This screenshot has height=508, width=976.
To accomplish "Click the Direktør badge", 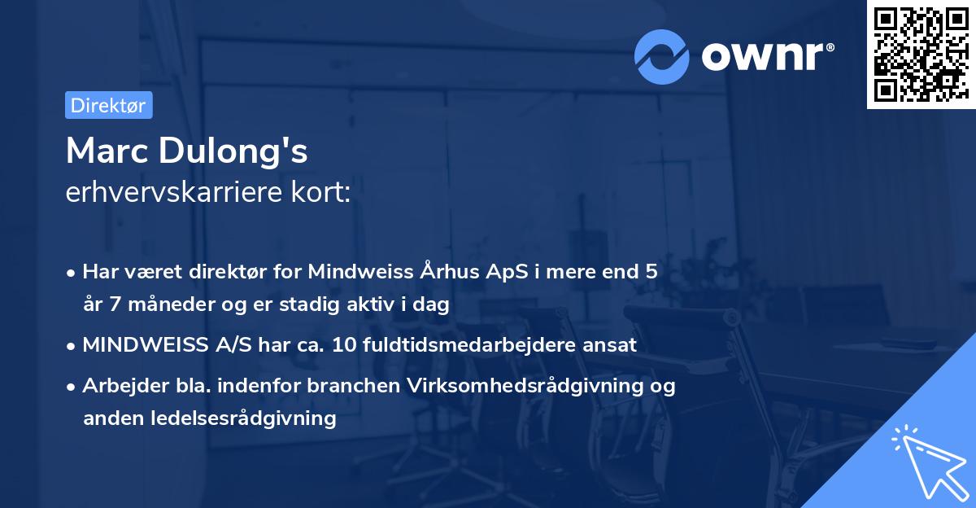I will pos(108,105).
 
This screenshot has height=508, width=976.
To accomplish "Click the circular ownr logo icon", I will pos(662,56).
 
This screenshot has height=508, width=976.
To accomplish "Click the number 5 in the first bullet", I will pos(651,272).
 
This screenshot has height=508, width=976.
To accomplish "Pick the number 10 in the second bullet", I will pos(341,345).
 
